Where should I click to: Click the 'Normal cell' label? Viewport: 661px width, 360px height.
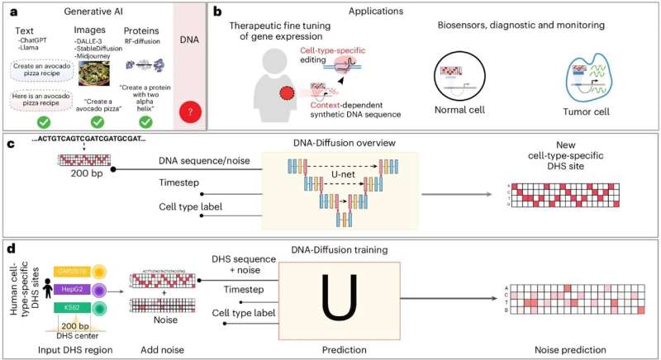click(x=459, y=110)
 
